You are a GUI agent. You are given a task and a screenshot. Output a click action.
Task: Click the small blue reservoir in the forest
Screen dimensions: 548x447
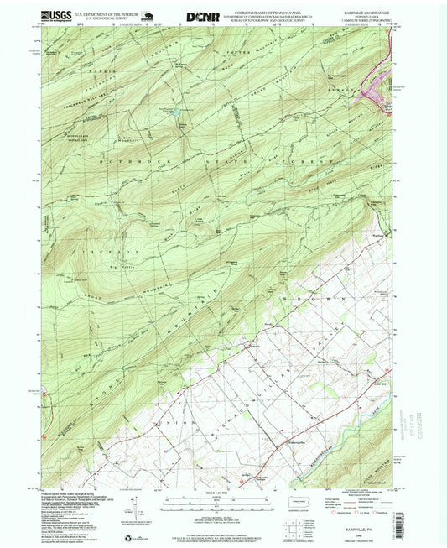(178, 120)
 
